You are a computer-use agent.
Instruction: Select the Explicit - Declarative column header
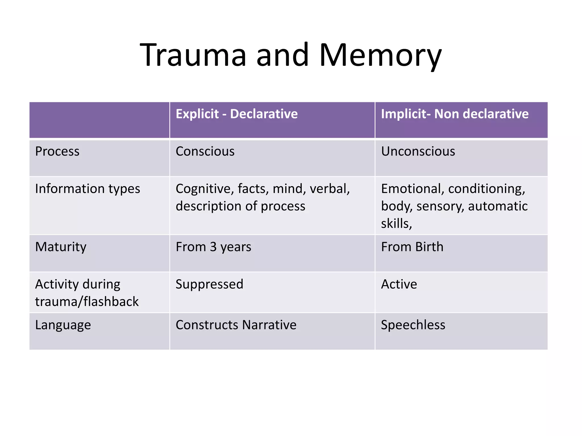(236, 114)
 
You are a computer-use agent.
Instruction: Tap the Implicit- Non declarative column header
(454, 114)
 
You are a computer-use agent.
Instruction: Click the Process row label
(57, 151)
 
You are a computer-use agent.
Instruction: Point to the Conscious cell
(205, 151)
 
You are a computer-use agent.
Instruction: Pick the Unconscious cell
(418, 151)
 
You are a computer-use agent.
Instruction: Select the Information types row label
(88, 189)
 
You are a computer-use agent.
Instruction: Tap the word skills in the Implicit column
(396, 224)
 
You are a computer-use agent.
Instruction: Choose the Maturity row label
(61, 247)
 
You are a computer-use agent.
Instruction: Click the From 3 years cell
(213, 247)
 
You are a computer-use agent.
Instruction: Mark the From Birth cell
(412, 247)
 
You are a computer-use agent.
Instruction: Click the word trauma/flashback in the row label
(87, 301)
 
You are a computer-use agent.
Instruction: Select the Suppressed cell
(209, 284)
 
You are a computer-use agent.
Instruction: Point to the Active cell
(399, 284)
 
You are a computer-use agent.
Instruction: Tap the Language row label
(63, 325)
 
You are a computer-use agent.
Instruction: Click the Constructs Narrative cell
(236, 325)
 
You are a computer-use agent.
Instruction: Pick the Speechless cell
(413, 325)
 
